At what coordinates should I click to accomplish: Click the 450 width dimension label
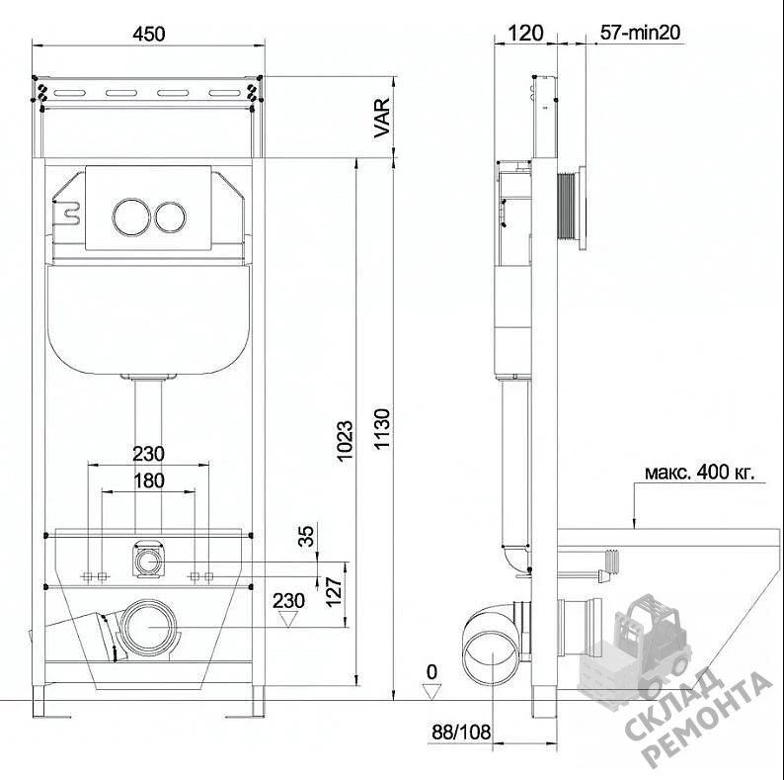pos(148,34)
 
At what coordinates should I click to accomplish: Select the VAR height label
pos(382,119)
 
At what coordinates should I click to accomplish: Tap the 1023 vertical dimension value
pos(345,441)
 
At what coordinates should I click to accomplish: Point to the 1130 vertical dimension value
pos(382,429)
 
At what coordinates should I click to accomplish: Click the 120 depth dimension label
pos(525,33)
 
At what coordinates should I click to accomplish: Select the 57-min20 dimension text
pos(640,33)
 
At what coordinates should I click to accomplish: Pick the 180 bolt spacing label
pos(148,480)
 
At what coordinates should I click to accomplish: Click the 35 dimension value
pos(306,535)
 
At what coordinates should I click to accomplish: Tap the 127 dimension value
pos(334,592)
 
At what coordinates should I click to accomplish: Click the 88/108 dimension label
pos(461,733)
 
